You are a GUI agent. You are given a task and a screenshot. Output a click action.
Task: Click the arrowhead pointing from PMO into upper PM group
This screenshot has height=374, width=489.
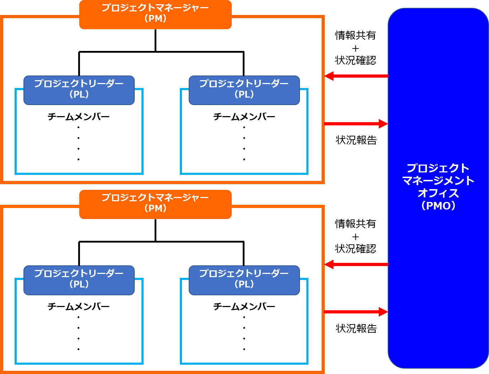pos(329,76)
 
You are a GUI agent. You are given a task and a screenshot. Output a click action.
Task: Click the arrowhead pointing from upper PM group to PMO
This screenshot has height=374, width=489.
pos(383,124)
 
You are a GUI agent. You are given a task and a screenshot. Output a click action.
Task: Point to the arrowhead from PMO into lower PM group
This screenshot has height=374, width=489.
pos(329,264)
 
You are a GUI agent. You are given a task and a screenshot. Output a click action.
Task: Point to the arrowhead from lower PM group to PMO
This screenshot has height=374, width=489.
pos(383,312)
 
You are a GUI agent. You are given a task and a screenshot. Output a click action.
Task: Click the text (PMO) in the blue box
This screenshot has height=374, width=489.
pos(438,206)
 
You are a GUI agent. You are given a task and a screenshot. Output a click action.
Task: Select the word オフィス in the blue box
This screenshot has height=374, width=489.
pos(438,193)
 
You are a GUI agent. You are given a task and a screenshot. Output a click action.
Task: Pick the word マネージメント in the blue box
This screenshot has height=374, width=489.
pos(438,181)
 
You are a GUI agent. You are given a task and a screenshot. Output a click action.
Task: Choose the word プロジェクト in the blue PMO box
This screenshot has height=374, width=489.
pos(438,168)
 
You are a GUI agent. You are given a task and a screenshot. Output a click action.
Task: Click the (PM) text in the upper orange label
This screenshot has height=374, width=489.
pos(155,19)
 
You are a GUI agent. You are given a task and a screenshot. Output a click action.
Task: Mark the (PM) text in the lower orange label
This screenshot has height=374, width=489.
pos(155,208)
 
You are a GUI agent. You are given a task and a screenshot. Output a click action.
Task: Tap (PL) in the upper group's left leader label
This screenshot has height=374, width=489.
pos(79,94)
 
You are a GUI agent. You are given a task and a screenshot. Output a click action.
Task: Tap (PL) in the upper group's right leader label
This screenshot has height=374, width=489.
pos(244,94)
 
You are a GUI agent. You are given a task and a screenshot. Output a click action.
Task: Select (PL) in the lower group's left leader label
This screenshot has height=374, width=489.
pos(79,284)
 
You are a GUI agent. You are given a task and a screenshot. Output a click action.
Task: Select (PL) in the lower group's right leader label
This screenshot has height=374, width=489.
pos(244,284)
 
